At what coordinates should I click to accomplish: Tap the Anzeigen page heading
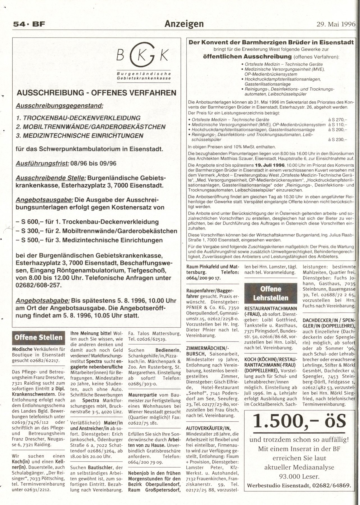184,24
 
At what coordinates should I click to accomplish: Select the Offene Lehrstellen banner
270,293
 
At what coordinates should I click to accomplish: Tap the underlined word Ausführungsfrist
42,163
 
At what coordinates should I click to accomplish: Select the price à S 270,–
338,120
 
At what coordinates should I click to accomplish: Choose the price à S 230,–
338,139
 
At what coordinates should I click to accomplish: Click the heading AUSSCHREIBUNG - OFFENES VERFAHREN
97,93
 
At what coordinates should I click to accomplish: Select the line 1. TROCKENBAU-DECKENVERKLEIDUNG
78,118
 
